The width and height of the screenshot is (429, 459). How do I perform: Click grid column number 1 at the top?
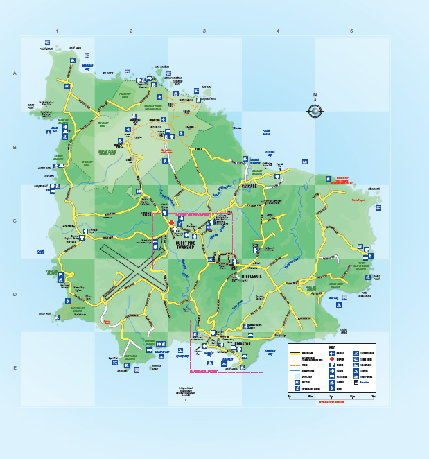[57, 31]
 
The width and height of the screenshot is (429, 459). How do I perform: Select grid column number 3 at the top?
[204, 31]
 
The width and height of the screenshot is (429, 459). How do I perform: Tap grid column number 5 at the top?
[351, 31]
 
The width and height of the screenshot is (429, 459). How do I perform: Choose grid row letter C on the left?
[15, 221]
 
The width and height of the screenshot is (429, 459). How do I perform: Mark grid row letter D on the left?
[15, 294]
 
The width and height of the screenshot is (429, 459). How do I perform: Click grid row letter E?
[15, 367]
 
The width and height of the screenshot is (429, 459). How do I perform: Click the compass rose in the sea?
[315, 110]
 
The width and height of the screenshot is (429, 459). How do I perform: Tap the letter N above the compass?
[315, 96]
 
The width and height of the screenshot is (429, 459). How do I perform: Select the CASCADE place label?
[249, 187]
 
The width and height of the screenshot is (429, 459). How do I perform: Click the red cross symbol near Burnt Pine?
[171, 222]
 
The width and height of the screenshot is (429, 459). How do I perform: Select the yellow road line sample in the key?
[297, 353]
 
